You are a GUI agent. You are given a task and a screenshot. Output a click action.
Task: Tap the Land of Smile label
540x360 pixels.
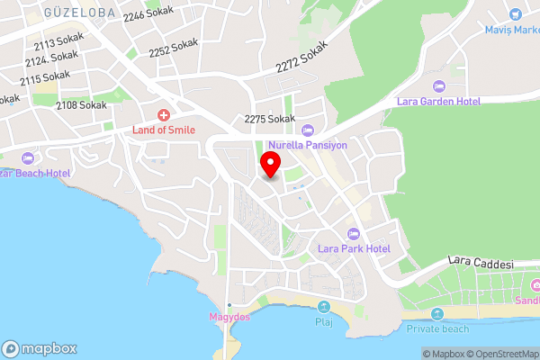coord(164,130)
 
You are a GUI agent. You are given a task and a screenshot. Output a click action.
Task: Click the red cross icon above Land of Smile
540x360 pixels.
coord(164,114)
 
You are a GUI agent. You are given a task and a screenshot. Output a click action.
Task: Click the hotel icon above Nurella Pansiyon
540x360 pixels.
coord(308,129)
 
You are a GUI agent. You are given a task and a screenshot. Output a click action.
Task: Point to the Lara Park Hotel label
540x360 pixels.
coord(354,247)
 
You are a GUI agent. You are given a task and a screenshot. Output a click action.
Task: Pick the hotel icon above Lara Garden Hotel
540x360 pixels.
coord(439,86)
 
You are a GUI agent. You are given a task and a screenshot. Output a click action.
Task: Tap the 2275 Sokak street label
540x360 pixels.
coord(270,119)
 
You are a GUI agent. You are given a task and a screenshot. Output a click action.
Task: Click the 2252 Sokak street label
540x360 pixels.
coord(174,47)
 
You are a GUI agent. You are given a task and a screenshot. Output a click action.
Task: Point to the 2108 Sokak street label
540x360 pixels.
coord(81,105)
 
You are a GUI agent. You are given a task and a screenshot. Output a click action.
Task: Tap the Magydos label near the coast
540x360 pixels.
coord(229,317)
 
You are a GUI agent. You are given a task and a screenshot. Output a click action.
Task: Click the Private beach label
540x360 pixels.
coord(438,328)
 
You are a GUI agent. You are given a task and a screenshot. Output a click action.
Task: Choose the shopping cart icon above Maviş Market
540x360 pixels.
coord(516,14)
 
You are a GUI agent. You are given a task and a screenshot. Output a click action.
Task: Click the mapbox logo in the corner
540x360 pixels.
coord(40,348)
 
